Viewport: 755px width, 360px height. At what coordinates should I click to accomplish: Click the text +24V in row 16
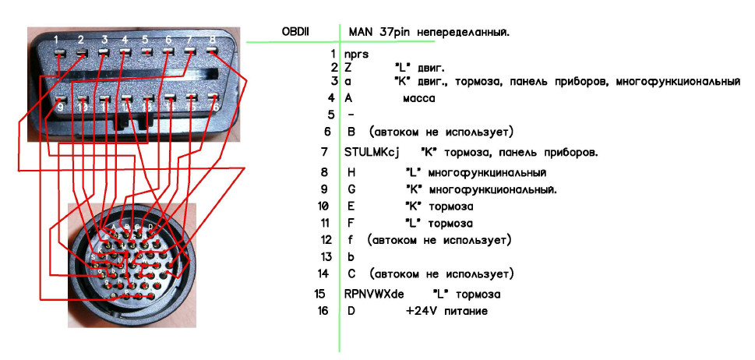419,311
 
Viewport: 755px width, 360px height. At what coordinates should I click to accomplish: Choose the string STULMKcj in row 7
372,152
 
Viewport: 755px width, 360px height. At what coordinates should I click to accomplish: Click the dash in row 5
350,115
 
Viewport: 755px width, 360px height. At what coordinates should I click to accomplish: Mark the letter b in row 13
350,256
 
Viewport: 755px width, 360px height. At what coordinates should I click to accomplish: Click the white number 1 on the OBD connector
57,38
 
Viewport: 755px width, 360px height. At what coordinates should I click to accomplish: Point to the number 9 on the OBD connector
61,107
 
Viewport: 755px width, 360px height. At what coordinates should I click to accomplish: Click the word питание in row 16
466,311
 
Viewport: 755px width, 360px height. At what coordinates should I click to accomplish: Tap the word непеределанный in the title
466,32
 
